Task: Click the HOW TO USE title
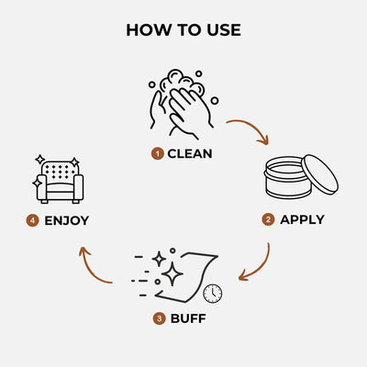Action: (x=183, y=30)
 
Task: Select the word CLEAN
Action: (x=190, y=153)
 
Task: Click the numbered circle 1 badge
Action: (x=157, y=153)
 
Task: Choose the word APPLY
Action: (x=302, y=219)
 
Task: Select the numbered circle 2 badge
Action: (x=268, y=219)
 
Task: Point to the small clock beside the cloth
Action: (x=212, y=293)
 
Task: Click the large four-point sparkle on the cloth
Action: (x=172, y=273)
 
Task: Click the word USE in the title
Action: (x=220, y=30)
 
